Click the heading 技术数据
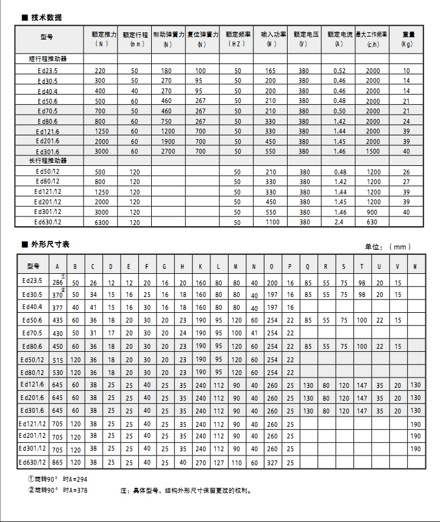coord(46,18)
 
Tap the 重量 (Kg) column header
coord(407,38)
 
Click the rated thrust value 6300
coord(102,223)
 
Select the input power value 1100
coord(271,222)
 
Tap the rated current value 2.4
coord(339,223)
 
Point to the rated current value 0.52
coord(339,71)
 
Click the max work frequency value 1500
coord(372,151)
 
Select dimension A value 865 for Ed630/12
coord(58,463)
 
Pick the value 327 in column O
coord(272,463)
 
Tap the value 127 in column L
coord(218,463)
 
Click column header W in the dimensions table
coord(416,266)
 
